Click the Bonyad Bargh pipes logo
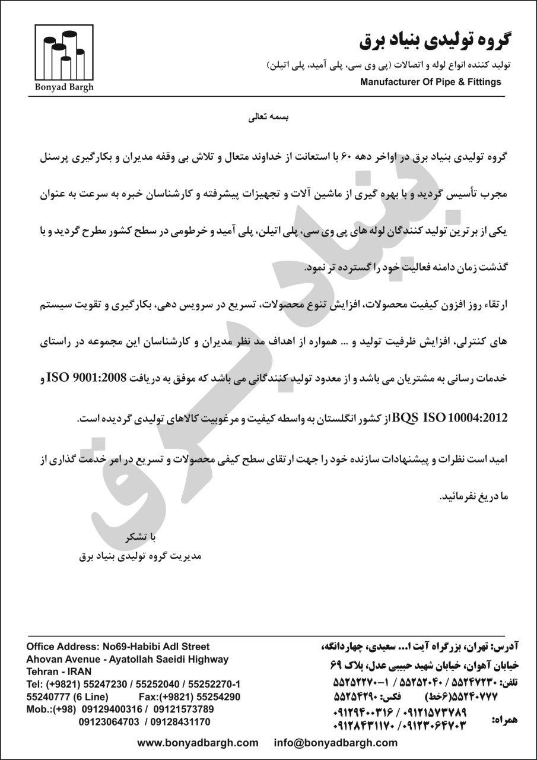(x=63, y=53)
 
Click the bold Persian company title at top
(x=434, y=40)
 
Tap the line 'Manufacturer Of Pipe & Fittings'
(x=430, y=82)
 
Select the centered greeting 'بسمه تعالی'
(x=268, y=118)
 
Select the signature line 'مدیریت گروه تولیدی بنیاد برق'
(x=141, y=556)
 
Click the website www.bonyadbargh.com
(x=198, y=743)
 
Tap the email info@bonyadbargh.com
(x=336, y=743)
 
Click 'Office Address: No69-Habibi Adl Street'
(x=118, y=646)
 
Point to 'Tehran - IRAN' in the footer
(x=59, y=672)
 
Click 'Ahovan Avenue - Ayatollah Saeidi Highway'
(x=127, y=659)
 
